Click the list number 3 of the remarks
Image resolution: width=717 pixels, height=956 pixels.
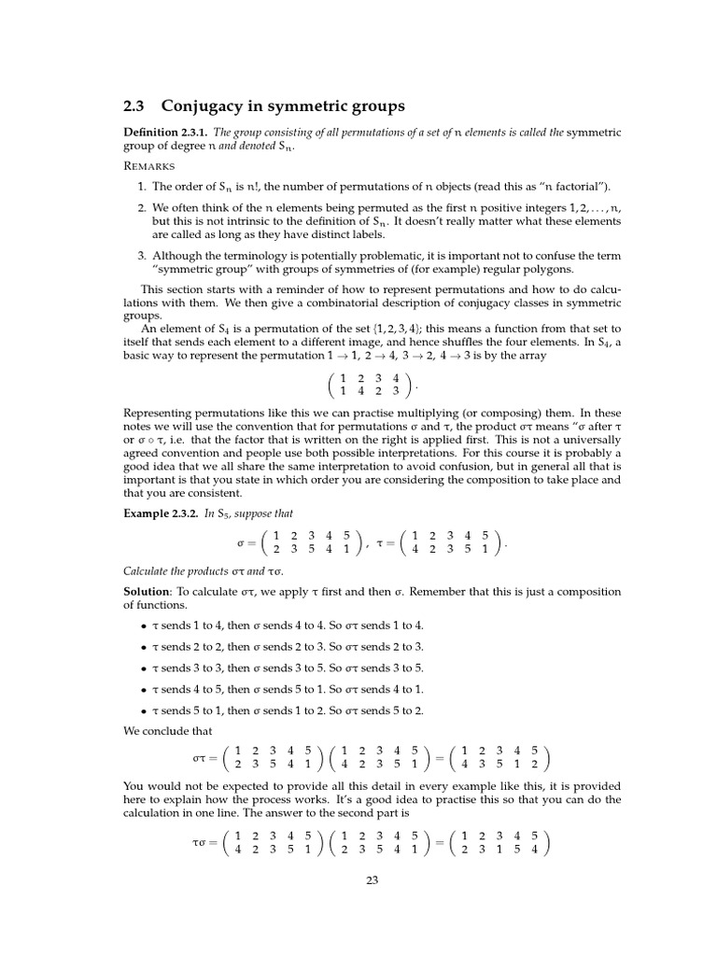(141, 256)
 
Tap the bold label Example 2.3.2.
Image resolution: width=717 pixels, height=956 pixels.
(161, 513)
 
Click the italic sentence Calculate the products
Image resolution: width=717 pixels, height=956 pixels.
(204, 571)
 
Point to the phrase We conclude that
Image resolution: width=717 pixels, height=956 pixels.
(168, 731)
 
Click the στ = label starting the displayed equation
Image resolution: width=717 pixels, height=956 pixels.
(204, 759)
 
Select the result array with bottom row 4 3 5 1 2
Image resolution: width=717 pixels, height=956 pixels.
(501, 759)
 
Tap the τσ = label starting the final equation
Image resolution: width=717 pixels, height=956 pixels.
(204, 843)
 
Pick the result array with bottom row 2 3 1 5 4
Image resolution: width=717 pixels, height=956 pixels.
(501, 843)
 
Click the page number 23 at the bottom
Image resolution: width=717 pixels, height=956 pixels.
(372, 879)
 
